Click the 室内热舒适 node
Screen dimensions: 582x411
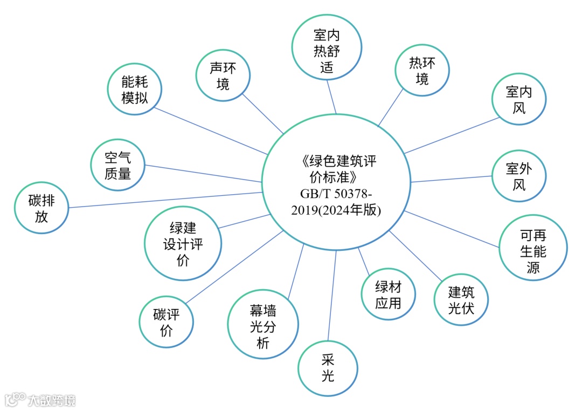click(x=327, y=51)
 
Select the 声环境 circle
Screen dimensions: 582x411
click(x=223, y=76)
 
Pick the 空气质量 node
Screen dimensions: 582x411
click(x=118, y=165)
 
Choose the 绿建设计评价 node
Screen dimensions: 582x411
click(x=183, y=243)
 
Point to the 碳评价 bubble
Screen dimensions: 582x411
click(x=166, y=323)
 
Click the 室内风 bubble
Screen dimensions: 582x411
click(x=519, y=100)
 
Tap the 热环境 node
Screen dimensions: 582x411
click(x=422, y=71)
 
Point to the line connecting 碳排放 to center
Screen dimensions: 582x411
click(x=162, y=200)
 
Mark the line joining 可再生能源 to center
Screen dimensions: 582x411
click(x=453, y=229)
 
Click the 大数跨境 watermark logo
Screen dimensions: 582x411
click(x=40, y=400)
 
